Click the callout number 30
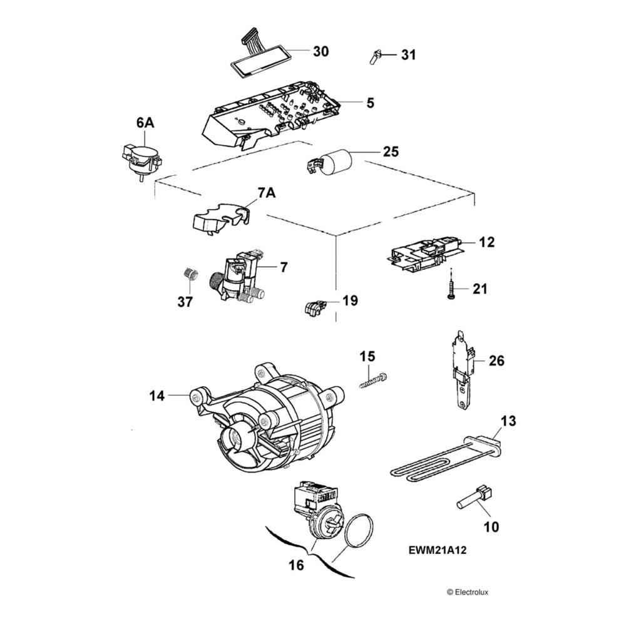[x=320, y=51]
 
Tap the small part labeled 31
[x=374, y=57]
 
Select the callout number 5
[x=370, y=103]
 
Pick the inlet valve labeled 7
[x=241, y=277]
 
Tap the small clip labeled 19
[x=315, y=306]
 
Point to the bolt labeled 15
[x=374, y=380]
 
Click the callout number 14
[x=156, y=396]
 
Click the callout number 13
[x=508, y=421]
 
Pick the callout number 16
[x=296, y=565]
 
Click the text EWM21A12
[x=438, y=551]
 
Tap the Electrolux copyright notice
[x=467, y=592]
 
